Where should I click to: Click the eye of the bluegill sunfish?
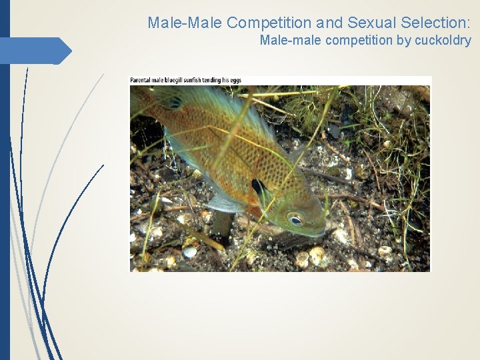(295, 219)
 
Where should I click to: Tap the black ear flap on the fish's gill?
(257, 186)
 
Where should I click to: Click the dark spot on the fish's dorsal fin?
(175, 102)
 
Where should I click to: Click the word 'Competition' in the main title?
(269, 23)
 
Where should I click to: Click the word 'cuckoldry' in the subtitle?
(443, 41)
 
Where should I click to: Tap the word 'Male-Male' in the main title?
(185, 23)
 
